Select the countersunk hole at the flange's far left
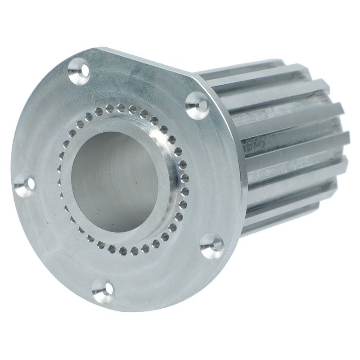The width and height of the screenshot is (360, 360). [25, 185]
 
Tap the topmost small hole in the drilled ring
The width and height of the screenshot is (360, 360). [121, 107]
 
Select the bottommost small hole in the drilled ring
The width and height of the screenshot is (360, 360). [124, 250]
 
